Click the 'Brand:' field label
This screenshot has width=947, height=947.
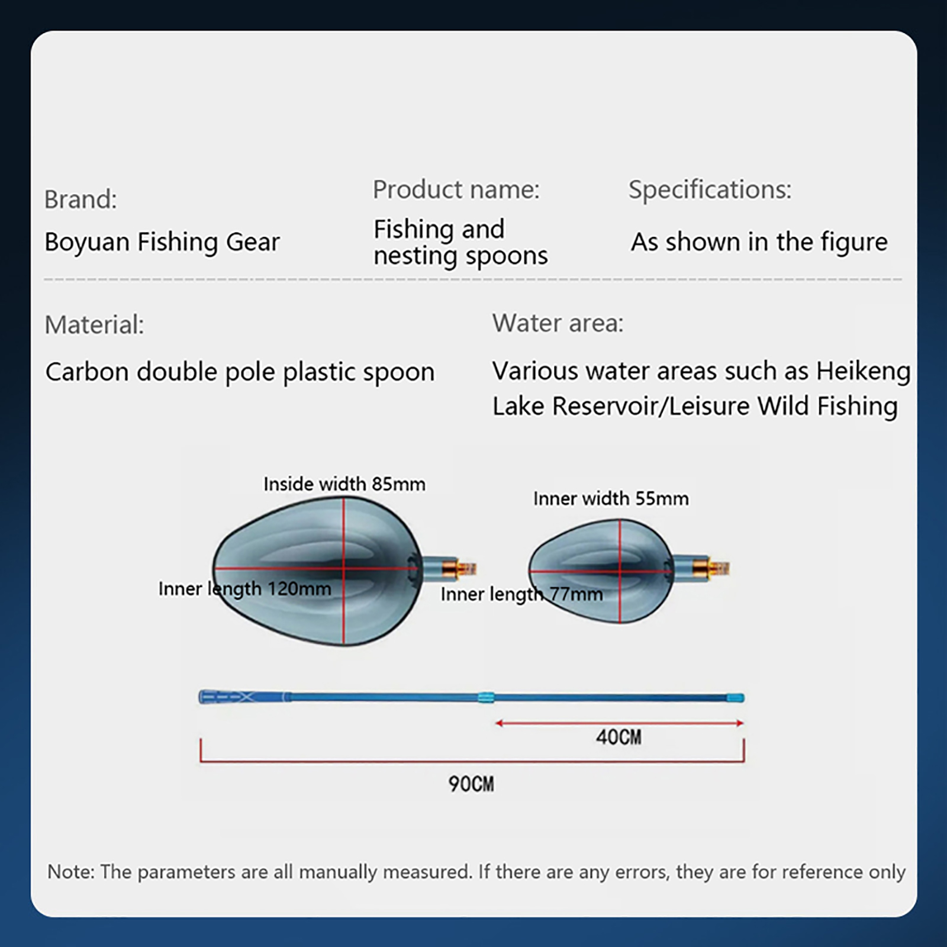pyautogui.click(x=80, y=199)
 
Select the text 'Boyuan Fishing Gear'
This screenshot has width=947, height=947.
pyautogui.click(x=162, y=242)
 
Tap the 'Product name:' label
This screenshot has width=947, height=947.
pyautogui.click(x=456, y=190)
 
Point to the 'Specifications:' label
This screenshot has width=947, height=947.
pyautogui.click(x=710, y=190)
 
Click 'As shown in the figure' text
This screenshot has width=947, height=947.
pyautogui.click(x=759, y=241)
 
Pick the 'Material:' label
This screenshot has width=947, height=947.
pyautogui.click(x=94, y=325)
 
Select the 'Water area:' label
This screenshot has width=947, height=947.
pyautogui.click(x=558, y=323)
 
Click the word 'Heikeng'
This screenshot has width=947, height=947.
pyautogui.click(x=864, y=372)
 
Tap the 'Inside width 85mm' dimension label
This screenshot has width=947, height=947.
pyautogui.click(x=344, y=484)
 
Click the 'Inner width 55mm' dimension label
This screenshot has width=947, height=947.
pyautogui.click(x=611, y=499)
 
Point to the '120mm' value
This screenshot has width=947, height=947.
pyautogui.click(x=299, y=589)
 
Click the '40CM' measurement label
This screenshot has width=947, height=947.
pyautogui.click(x=619, y=737)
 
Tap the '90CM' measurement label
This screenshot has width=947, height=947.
pyautogui.click(x=471, y=784)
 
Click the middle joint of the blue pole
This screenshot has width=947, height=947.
pyautogui.click(x=486, y=697)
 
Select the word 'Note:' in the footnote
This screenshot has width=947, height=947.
pyautogui.click(x=71, y=872)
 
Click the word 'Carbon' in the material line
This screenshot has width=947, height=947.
pyautogui.click(x=87, y=372)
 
